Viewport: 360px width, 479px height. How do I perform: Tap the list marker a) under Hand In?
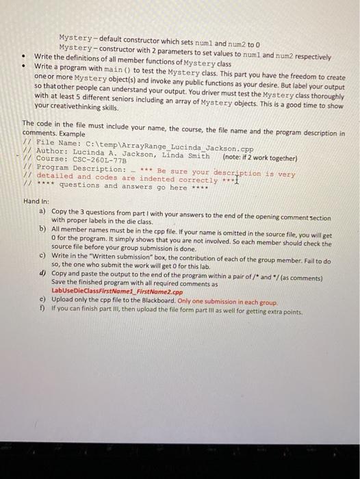point(43,212)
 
